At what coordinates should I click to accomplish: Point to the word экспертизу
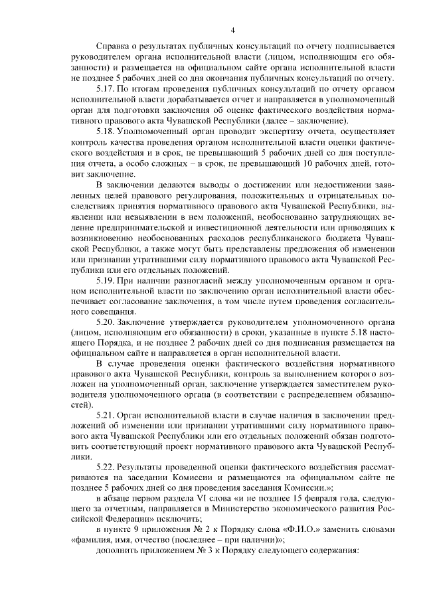(x=256, y=131)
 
